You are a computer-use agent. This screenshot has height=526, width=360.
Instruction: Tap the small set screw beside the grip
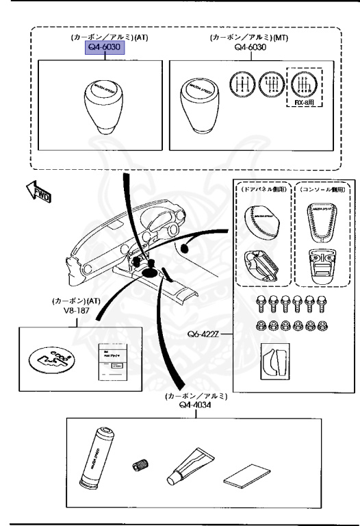click(x=141, y=465)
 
